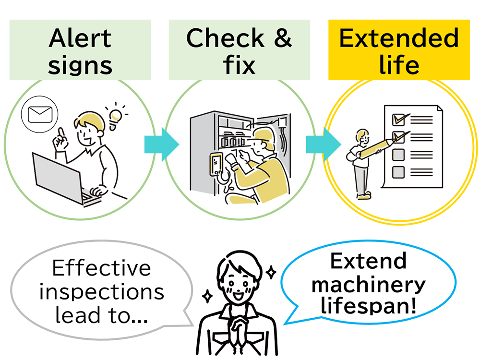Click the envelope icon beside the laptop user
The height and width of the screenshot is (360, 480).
(x=39, y=116)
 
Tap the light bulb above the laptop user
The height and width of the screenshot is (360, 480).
(x=115, y=117)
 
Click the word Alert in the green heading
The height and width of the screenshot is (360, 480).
(x=80, y=38)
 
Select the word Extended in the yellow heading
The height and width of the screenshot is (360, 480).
(x=398, y=38)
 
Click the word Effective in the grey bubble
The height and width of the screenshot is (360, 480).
(x=101, y=268)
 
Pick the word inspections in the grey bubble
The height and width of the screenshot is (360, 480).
(x=102, y=291)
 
